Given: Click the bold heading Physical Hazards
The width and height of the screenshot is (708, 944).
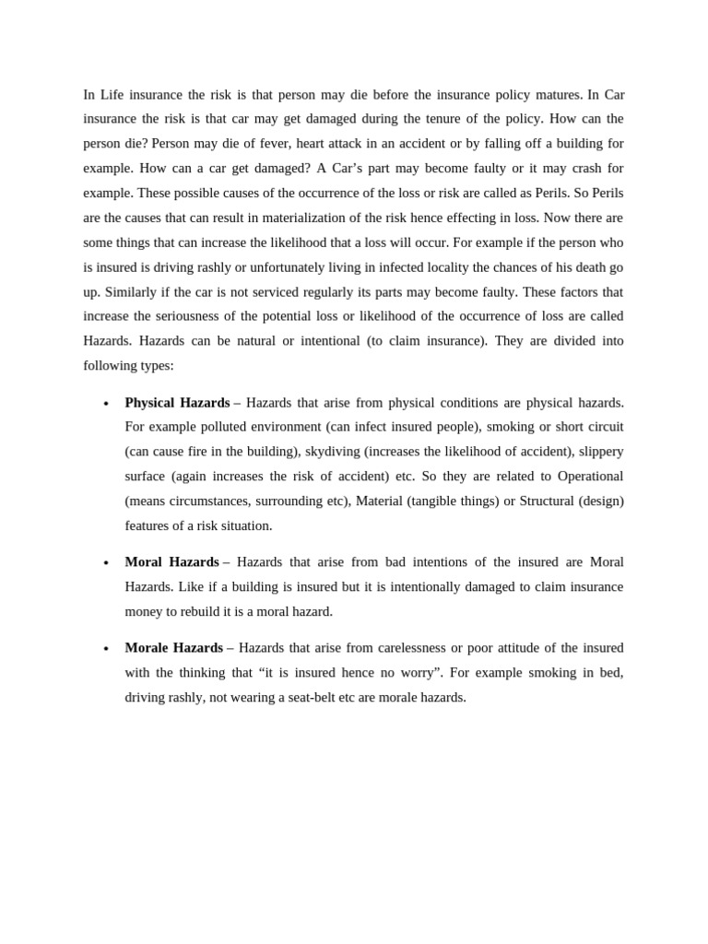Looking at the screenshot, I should (x=177, y=403).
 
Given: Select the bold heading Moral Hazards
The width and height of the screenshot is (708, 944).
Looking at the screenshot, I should (x=171, y=562).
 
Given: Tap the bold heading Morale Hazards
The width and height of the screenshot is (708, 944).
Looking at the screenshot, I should (x=173, y=648).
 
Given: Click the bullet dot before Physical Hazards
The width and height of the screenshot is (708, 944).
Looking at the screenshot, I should (x=106, y=404).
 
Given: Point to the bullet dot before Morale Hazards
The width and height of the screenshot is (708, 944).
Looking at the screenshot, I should (x=106, y=649).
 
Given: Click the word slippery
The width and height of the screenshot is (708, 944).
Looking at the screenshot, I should (x=601, y=452).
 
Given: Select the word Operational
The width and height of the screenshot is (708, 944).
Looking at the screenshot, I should (x=587, y=477).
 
